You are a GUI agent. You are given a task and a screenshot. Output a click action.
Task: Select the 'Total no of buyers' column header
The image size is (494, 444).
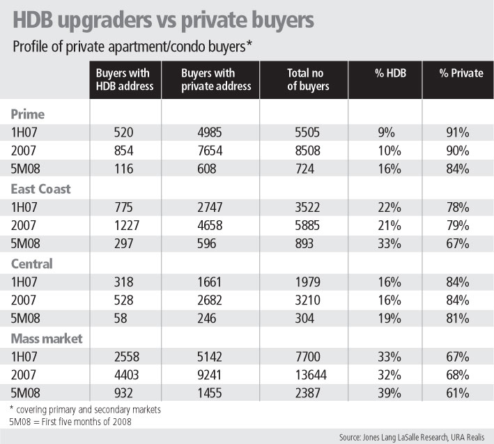306,80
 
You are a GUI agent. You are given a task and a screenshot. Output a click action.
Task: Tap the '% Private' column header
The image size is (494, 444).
461,73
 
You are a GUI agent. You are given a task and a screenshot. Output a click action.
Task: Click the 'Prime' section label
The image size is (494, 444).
27,112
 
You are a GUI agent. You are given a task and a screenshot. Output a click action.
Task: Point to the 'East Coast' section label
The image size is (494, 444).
40,188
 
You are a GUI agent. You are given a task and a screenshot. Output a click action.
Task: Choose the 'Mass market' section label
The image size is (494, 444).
46,339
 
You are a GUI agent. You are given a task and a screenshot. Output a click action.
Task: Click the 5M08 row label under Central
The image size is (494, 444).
24,319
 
